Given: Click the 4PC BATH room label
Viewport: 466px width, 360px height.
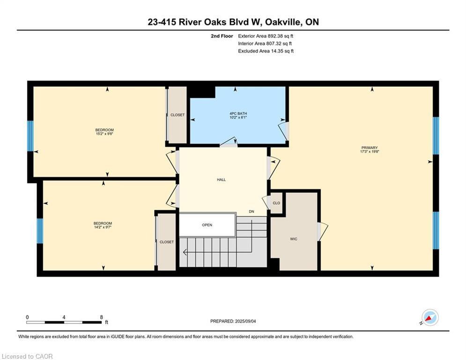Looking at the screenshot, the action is [x=238, y=113].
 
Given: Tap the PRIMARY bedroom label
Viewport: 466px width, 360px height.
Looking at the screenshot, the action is [x=370, y=148].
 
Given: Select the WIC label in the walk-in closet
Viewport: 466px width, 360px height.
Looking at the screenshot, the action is [x=294, y=239].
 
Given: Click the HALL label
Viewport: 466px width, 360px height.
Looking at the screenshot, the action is [x=221, y=180].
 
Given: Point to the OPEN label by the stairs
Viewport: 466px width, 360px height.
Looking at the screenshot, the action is [x=207, y=225].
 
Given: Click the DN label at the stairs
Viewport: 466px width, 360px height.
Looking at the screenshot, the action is [x=251, y=211].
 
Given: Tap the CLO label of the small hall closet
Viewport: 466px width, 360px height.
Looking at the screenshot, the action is [x=276, y=203].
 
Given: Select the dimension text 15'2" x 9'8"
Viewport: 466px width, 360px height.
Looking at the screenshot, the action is [x=104, y=134].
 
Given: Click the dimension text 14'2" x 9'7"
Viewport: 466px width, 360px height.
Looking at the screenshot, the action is [x=103, y=227].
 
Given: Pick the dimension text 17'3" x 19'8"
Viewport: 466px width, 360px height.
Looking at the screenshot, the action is [x=370, y=151].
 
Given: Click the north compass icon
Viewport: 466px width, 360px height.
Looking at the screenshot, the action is [x=430, y=317].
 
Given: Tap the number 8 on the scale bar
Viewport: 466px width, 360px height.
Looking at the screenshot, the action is [x=101, y=317].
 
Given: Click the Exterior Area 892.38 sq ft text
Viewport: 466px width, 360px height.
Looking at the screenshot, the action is [x=266, y=36].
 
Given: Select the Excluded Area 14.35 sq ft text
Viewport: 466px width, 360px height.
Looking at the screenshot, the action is [x=266, y=51].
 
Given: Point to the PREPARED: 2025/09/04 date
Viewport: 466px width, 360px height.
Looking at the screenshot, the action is [x=233, y=321].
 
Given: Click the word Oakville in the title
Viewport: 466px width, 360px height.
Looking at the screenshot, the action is [x=284, y=22].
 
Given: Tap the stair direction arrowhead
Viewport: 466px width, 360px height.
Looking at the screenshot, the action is [x=185, y=252].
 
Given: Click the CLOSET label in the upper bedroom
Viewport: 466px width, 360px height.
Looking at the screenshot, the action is [x=178, y=115].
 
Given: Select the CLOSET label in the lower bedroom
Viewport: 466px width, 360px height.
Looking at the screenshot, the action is [x=167, y=242].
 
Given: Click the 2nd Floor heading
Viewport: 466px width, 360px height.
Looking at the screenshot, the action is [x=222, y=36].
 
